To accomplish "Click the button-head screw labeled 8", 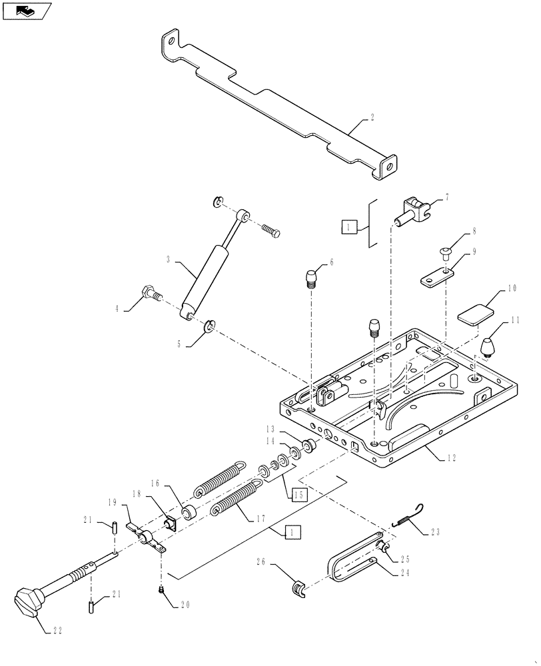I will (446, 252).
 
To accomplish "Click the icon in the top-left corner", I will (26, 11).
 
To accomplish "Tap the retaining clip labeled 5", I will (208, 326).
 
